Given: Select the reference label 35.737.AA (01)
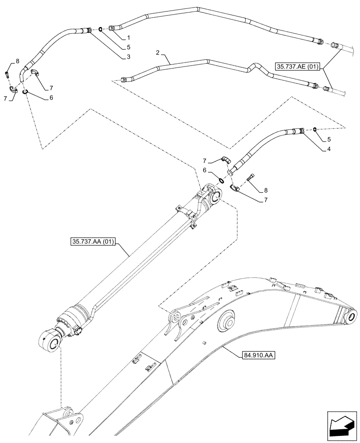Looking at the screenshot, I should click(x=92, y=242).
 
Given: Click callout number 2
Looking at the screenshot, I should click(x=157, y=52).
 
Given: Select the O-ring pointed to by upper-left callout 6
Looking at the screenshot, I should click(x=25, y=92).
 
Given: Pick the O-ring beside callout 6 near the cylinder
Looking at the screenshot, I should click(x=220, y=180).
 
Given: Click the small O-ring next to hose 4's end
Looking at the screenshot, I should click(x=314, y=129).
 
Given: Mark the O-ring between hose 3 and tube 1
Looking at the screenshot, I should click(x=101, y=30).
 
